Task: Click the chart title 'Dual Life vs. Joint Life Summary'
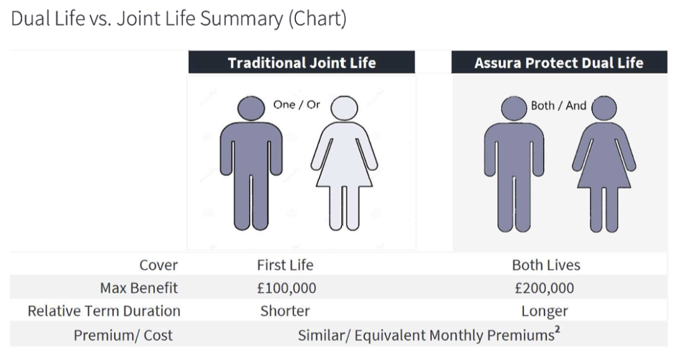point(179,18)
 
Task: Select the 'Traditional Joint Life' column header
point(302,63)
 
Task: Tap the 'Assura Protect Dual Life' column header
point(559,63)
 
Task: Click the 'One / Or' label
point(297,104)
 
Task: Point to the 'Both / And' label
point(558,106)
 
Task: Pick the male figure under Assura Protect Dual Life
point(514,164)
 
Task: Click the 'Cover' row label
point(159,265)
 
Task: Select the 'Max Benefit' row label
point(139,288)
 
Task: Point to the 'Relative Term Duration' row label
point(104,311)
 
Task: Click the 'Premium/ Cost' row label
point(123,335)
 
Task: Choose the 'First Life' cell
point(285,265)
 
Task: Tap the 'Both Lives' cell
point(546,265)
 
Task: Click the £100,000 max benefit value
point(286,288)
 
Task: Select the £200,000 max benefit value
point(545,288)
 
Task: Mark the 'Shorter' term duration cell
point(285,311)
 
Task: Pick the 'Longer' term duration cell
point(545,311)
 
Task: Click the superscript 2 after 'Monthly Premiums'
point(557,330)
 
